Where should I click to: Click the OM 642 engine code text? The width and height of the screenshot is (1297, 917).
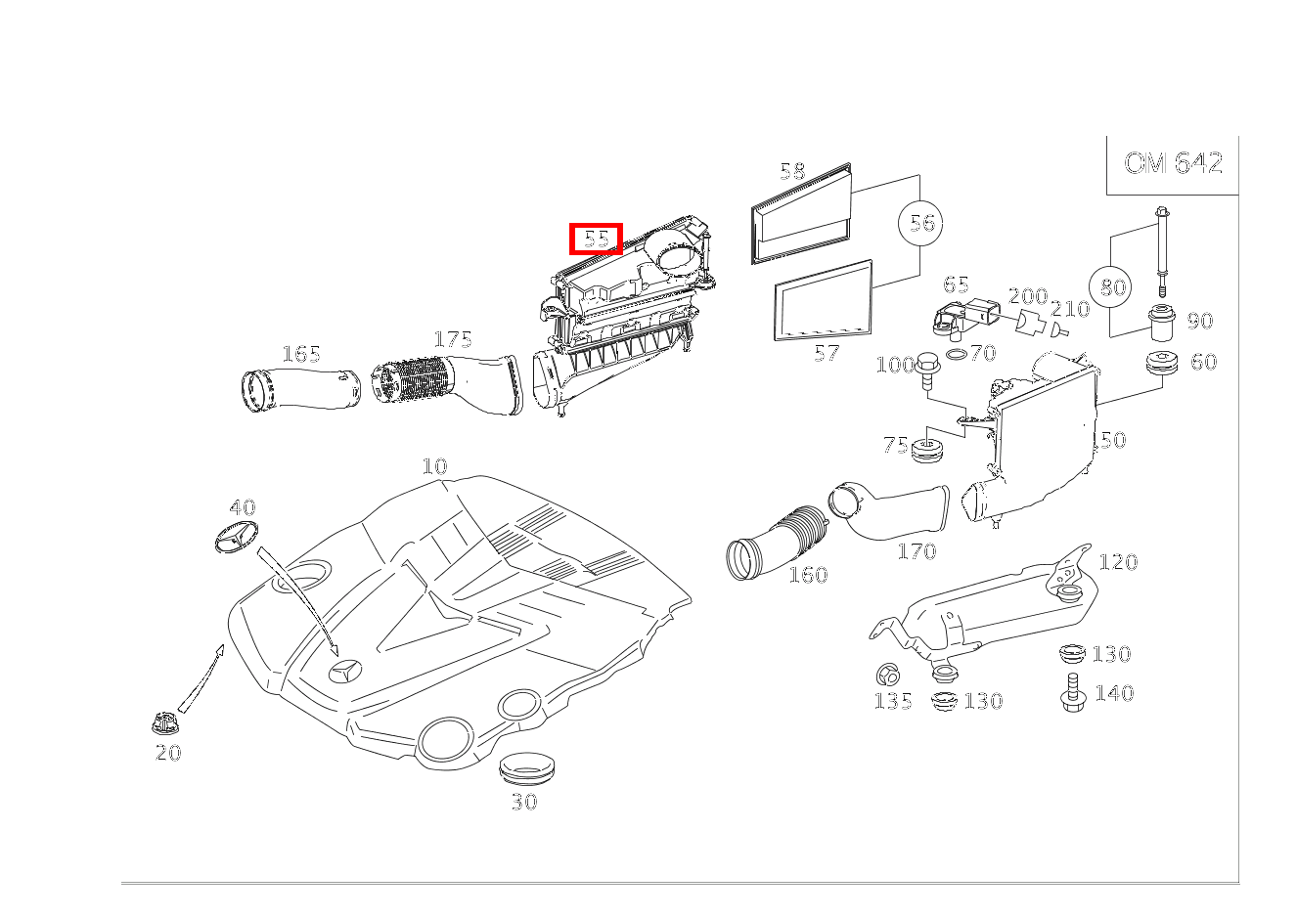[x=1173, y=162]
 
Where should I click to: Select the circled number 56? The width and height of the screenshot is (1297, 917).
[x=921, y=223]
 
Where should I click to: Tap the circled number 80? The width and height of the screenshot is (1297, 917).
[x=1113, y=287]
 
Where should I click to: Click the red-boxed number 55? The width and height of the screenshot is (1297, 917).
[x=597, y=239]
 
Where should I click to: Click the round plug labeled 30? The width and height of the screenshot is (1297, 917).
[x=525, y=768]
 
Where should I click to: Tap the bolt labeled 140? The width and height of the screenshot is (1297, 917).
[x=1071, y=693]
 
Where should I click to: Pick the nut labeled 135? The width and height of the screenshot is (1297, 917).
[x=888, y=674]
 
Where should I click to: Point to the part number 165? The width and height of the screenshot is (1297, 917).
[x=301, y=354]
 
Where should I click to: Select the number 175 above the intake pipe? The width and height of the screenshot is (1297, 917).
[x=453, y=339]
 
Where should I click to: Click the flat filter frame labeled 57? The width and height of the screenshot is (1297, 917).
[x=823, y=302]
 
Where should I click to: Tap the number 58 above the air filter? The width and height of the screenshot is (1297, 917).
[x=792, y=172]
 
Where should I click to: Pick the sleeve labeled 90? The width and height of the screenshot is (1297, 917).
[x=1161, y=324]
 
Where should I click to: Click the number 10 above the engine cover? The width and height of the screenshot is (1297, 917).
[x=434, y=466]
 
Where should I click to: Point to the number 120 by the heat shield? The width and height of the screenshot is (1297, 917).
[x=1118, y=562]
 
